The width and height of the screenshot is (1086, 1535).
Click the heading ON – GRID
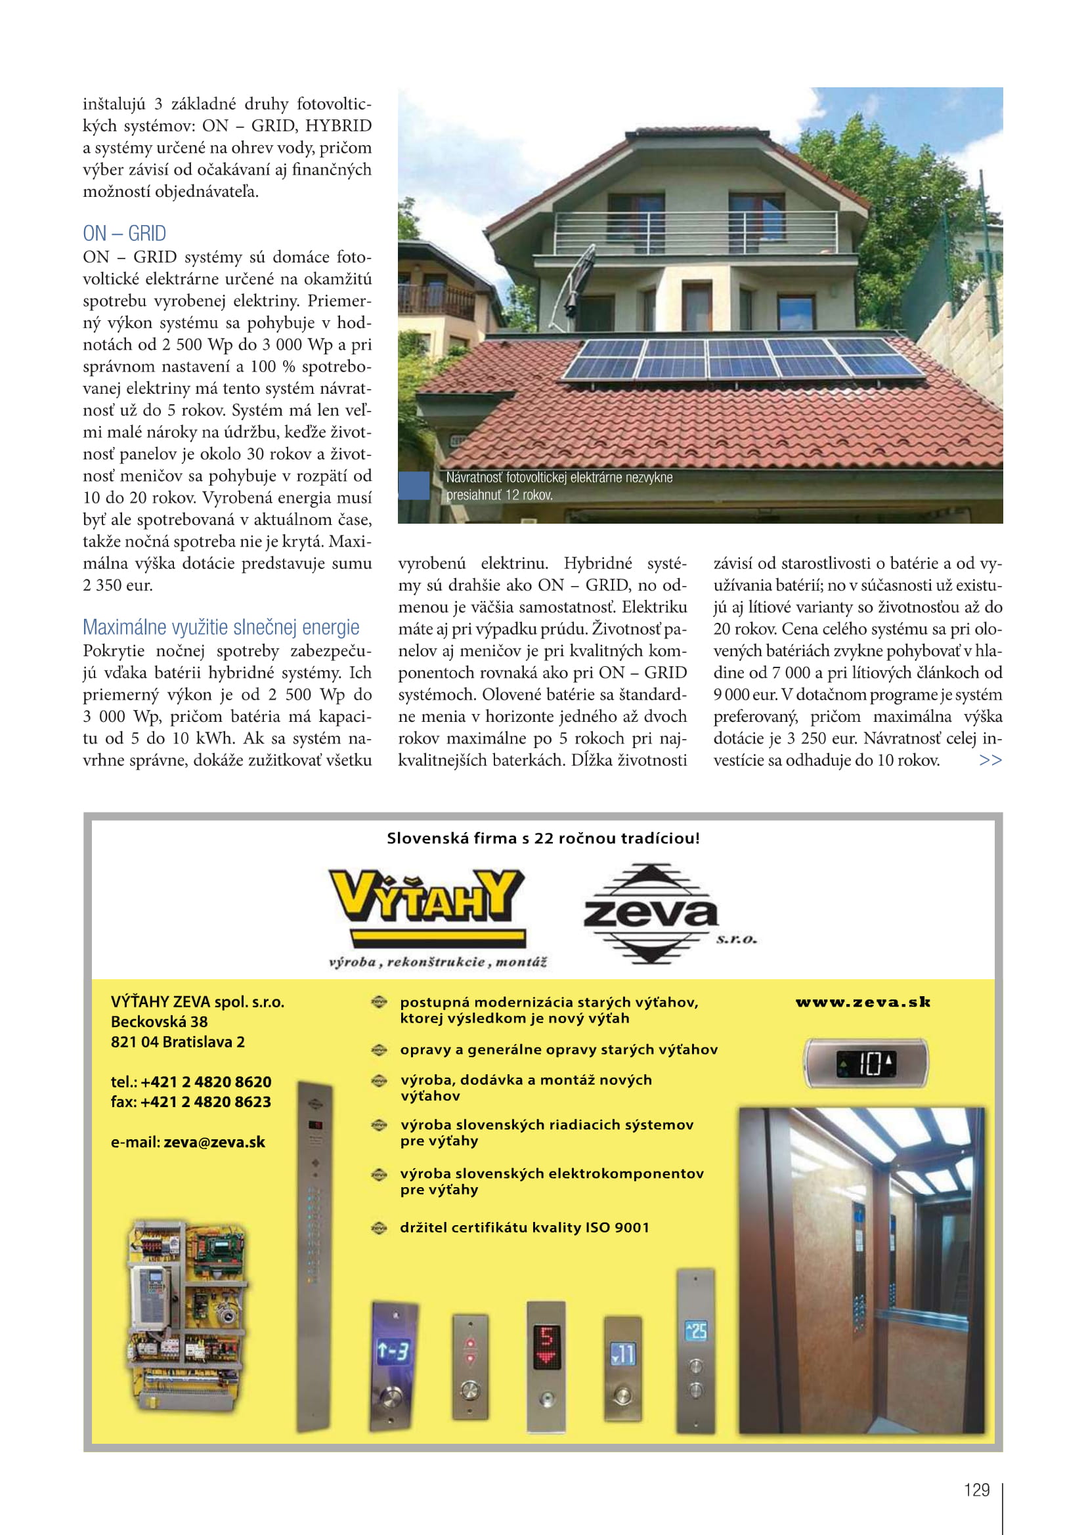click(x=124, y=234)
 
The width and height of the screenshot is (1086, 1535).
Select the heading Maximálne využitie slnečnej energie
click(x=221, y=627)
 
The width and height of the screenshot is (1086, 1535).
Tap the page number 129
click(x=976, y=1490)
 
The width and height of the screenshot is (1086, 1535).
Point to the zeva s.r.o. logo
click(x=652, y=914)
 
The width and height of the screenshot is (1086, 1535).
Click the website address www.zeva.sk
click(x=863, y=1002)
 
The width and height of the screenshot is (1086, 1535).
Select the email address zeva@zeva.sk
click(x=214, y=1142)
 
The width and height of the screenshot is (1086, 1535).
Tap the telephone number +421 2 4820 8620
click(x=206, y=1082)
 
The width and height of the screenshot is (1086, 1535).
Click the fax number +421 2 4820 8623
click(x=206, y=1102)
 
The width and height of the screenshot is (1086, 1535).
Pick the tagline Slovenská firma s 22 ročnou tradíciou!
click(x=543, y=838)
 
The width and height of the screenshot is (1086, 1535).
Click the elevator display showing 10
click(x=865, y=1063)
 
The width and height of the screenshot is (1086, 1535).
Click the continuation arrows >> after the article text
click(x=989, y=760)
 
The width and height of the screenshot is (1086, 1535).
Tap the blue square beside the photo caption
click(x=414, y=486)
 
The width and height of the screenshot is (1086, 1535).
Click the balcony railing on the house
click(x=695, y=232)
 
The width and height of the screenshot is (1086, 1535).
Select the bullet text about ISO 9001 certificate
click(x=524, y=1227)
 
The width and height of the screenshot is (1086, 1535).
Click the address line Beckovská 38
click(x=159, y=1022)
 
